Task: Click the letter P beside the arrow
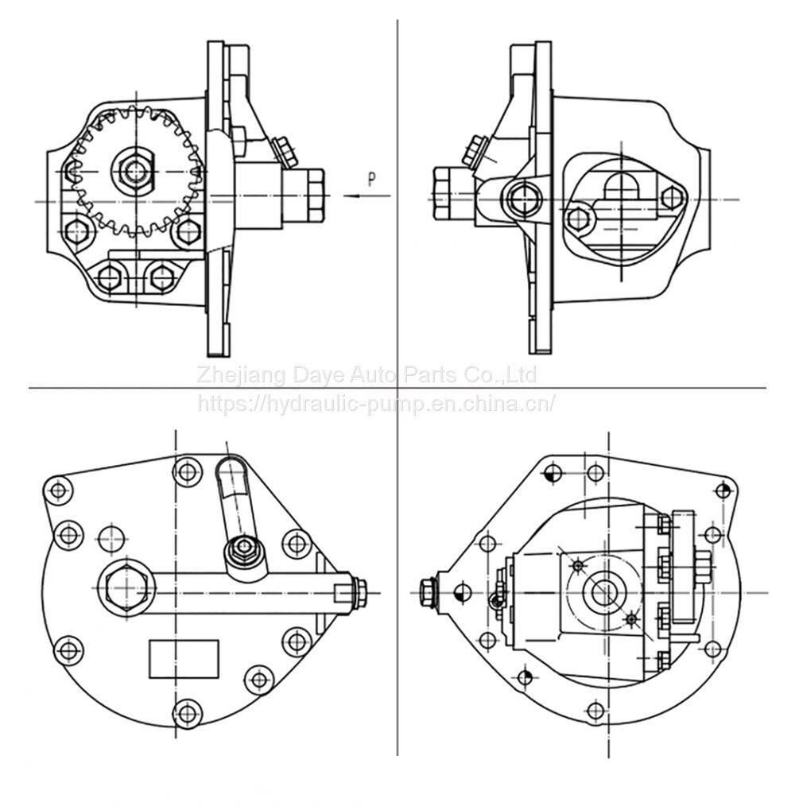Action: coord(371,179)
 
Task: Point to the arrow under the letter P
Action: coord(366,196)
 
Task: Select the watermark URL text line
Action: coord(376,402)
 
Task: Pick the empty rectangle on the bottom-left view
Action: coord(184,659)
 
